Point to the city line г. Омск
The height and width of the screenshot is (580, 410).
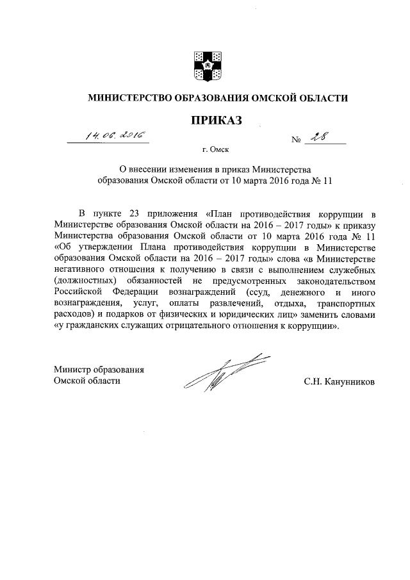click(x=215, y=151)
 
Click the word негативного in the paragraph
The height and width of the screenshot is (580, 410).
click(x=81, y=269)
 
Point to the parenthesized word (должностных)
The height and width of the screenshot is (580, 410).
click(x=85, y=281)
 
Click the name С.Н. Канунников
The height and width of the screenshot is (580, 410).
click(x=339, y=381)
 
